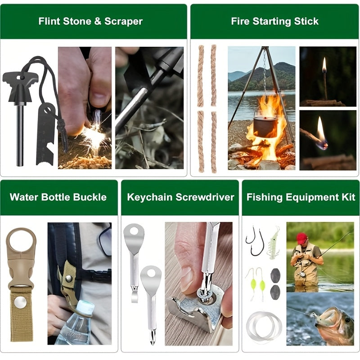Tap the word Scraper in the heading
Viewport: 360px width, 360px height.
point(123,21)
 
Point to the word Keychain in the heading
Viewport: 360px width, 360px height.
point(150,198)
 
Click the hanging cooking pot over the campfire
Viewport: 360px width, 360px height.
point(265,127)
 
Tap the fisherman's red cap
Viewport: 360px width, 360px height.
point(301,238)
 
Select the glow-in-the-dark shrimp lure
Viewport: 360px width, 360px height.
point(273,243)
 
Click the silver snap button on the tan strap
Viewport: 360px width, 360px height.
point(20,302)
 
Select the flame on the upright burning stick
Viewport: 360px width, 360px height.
point(324,64)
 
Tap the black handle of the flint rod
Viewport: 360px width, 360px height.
point(20,88)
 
